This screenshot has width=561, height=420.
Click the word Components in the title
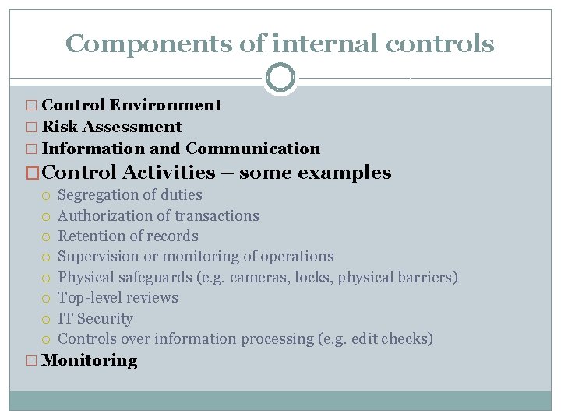pyautogui.click(x=149, y=44)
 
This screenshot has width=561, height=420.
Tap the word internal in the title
pyautogui.click(x=312, y=44)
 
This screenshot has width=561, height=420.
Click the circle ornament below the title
pyautogui.click(x=280, y=78)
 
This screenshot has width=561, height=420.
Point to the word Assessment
pyautogui.click(x=134, y=127)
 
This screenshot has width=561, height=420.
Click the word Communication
pyautogui.click(x=252, y=149)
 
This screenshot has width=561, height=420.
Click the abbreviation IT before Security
pyautogui.click(x=65, y=319)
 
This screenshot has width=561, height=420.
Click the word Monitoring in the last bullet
pyautogui.click(x=90, y=361)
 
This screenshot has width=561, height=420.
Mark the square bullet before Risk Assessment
pyautogui.click(x=32, y=128)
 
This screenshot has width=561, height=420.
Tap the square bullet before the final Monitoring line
pyautogui.click(x=32, y=361)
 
